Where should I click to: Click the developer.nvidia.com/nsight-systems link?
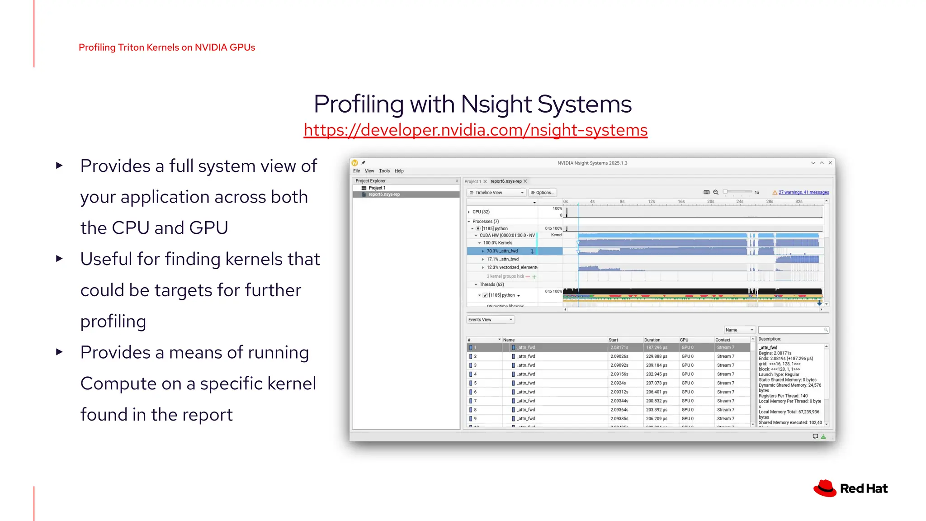pyautogui.click(x=475, y=130)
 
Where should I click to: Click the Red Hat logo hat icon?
pyautogui.click(x=825, y=488)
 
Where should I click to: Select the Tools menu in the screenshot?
pyautogui.click(x=384, y=171)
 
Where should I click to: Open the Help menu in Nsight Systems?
pyautogui.click(x=399, y=171)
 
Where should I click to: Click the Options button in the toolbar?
pyautogui.click(x=543, y=193)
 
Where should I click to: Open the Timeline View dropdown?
pyautogui.click(x=496, y=193)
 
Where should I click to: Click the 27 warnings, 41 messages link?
pyautogui.click(x=803, y=193)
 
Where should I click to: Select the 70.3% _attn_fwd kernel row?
pyautogui.click(x=502, y=251)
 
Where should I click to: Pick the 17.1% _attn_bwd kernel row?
pyautogui.click(x=502, y=259)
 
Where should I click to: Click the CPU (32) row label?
pyautogui.click(x=481, y=212)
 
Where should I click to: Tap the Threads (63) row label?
pyautogui.click(x=491, y=284)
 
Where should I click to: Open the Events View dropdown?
pyautogui.click(x=490, y=320)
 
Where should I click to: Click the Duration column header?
pyautogui.click(x=652, y=340)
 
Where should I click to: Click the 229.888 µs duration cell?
pyautogui.click(x=657, y=356)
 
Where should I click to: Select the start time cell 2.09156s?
pyautogui.click(x=619, y=374)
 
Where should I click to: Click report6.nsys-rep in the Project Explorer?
pyautogui.click(x=384, y=194)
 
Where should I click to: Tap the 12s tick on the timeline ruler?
pyautogui.click(x=651, y=202)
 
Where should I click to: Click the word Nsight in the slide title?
pyautogui.click(x=496, y=104)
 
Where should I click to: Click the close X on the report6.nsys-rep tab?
pyautogui.click(x=525, y=181)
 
